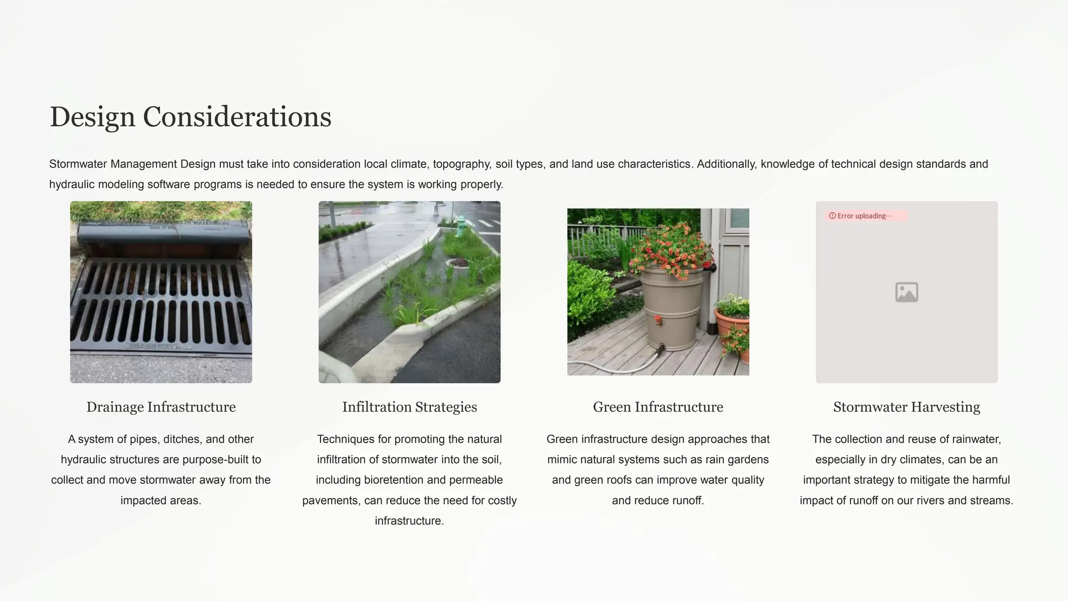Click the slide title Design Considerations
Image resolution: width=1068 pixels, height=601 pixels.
point(190,116)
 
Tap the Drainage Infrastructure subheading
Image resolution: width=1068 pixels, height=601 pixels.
point(161,407)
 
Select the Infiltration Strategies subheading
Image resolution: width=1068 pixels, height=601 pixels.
point(409,407)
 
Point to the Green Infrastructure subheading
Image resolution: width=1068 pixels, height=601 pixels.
point(658,407)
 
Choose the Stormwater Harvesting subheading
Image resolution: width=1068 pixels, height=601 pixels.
point(906,407)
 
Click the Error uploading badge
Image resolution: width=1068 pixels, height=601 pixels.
point(865,216)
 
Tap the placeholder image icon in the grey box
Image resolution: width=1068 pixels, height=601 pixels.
point(906,292)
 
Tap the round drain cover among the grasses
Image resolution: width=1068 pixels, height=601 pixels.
point(458,263)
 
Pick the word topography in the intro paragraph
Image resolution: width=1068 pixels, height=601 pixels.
point(462,164)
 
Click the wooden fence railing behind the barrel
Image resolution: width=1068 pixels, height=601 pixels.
point(600,235)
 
